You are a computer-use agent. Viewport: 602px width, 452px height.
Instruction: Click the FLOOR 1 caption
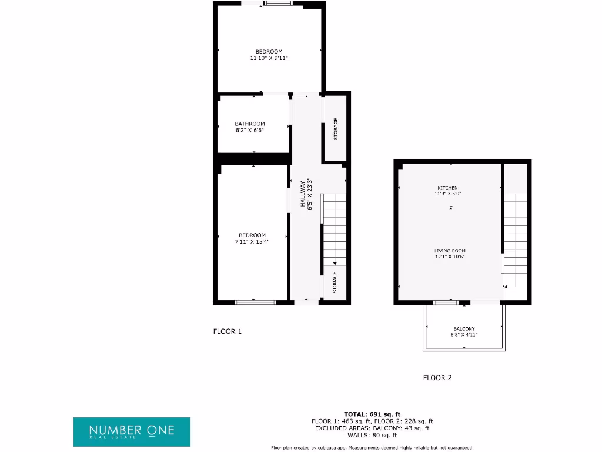227,331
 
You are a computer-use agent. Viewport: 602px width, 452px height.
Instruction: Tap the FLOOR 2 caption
437,378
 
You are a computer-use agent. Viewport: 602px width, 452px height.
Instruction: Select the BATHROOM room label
250,124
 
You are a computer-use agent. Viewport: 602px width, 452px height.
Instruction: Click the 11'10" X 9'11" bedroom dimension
269,58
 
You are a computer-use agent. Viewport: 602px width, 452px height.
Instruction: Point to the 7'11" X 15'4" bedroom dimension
252,241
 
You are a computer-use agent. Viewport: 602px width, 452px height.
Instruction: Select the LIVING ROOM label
450,251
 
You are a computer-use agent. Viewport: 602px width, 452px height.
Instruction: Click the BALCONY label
464,329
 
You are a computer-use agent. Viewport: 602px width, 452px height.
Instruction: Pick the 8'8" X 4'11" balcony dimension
464,335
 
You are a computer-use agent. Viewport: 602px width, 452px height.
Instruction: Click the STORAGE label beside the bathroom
336,129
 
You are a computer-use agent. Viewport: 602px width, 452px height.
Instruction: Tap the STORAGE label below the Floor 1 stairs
335,282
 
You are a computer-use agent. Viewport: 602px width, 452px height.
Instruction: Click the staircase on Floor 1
335,230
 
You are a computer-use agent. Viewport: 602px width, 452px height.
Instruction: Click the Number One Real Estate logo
132,431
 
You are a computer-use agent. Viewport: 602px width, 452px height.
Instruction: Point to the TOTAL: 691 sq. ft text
372,414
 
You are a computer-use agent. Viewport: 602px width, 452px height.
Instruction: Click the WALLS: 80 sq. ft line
372,436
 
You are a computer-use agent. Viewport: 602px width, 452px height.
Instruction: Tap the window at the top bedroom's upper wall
277,4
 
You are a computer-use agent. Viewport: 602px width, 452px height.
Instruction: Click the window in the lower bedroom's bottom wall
255,303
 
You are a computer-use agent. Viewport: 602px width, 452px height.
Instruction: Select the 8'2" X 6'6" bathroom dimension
250,131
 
